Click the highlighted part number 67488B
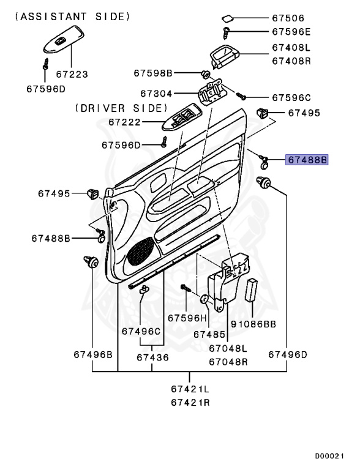click(x=307, y=160)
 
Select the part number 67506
click(x=292, y=18)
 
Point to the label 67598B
click(x=154, y=73)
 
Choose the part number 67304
click(x=156, y=94)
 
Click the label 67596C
click(x=291, y=97)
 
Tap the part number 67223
click(x=72, y=74)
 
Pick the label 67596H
click(x=184, y=318)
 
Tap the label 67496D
click(x=287, y=354)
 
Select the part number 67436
click(x=152, y=357)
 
